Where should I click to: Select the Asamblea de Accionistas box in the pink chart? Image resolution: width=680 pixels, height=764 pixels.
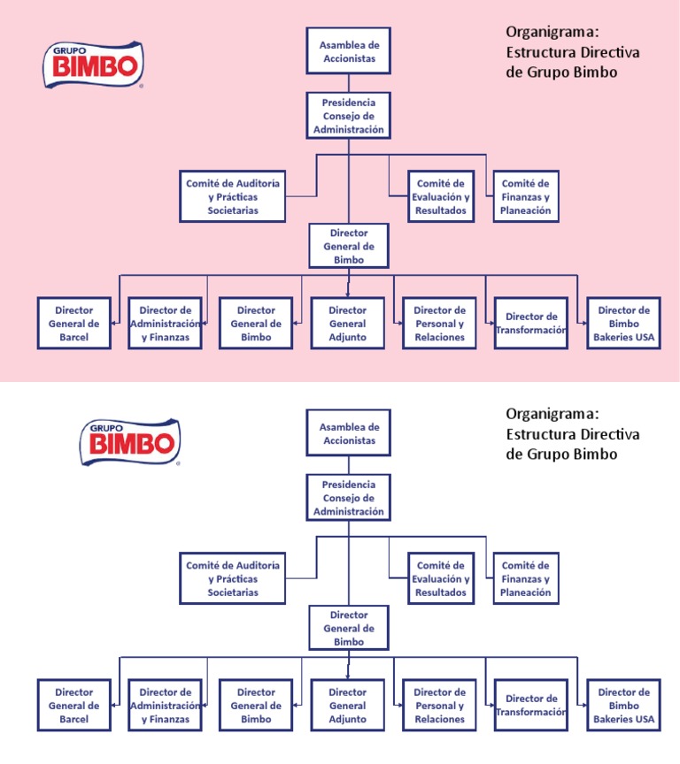point(349,51)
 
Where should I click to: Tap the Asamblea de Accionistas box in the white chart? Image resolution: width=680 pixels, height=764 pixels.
point(349,433)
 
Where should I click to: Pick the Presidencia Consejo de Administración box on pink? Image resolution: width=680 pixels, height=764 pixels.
point(349,116)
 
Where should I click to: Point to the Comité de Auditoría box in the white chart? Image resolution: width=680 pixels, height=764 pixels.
point(233,578)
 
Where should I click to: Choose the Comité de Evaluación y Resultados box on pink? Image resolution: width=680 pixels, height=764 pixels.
point(440,197)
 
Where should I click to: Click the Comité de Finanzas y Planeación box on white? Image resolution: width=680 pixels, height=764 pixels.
point(525,578)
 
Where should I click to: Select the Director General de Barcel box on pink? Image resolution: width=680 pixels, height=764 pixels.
point(73,323)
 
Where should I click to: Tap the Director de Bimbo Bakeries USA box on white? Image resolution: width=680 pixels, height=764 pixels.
point(623,705)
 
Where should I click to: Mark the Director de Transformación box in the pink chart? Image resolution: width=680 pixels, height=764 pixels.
point(530,323)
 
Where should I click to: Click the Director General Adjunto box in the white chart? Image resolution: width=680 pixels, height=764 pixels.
point(347,706)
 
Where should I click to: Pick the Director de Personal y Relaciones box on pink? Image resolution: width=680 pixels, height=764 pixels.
point(439,323)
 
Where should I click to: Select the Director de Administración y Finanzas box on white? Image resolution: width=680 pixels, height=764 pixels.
point(165,706)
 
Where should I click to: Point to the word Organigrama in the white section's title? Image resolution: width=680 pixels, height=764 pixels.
point(553,414)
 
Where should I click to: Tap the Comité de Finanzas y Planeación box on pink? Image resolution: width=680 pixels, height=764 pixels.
point(525,197)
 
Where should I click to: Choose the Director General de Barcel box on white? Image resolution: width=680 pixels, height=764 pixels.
point(73,706)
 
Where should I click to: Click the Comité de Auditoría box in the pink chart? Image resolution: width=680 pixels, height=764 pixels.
point(233,197)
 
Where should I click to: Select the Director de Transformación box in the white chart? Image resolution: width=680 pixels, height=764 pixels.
point(530,706)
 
